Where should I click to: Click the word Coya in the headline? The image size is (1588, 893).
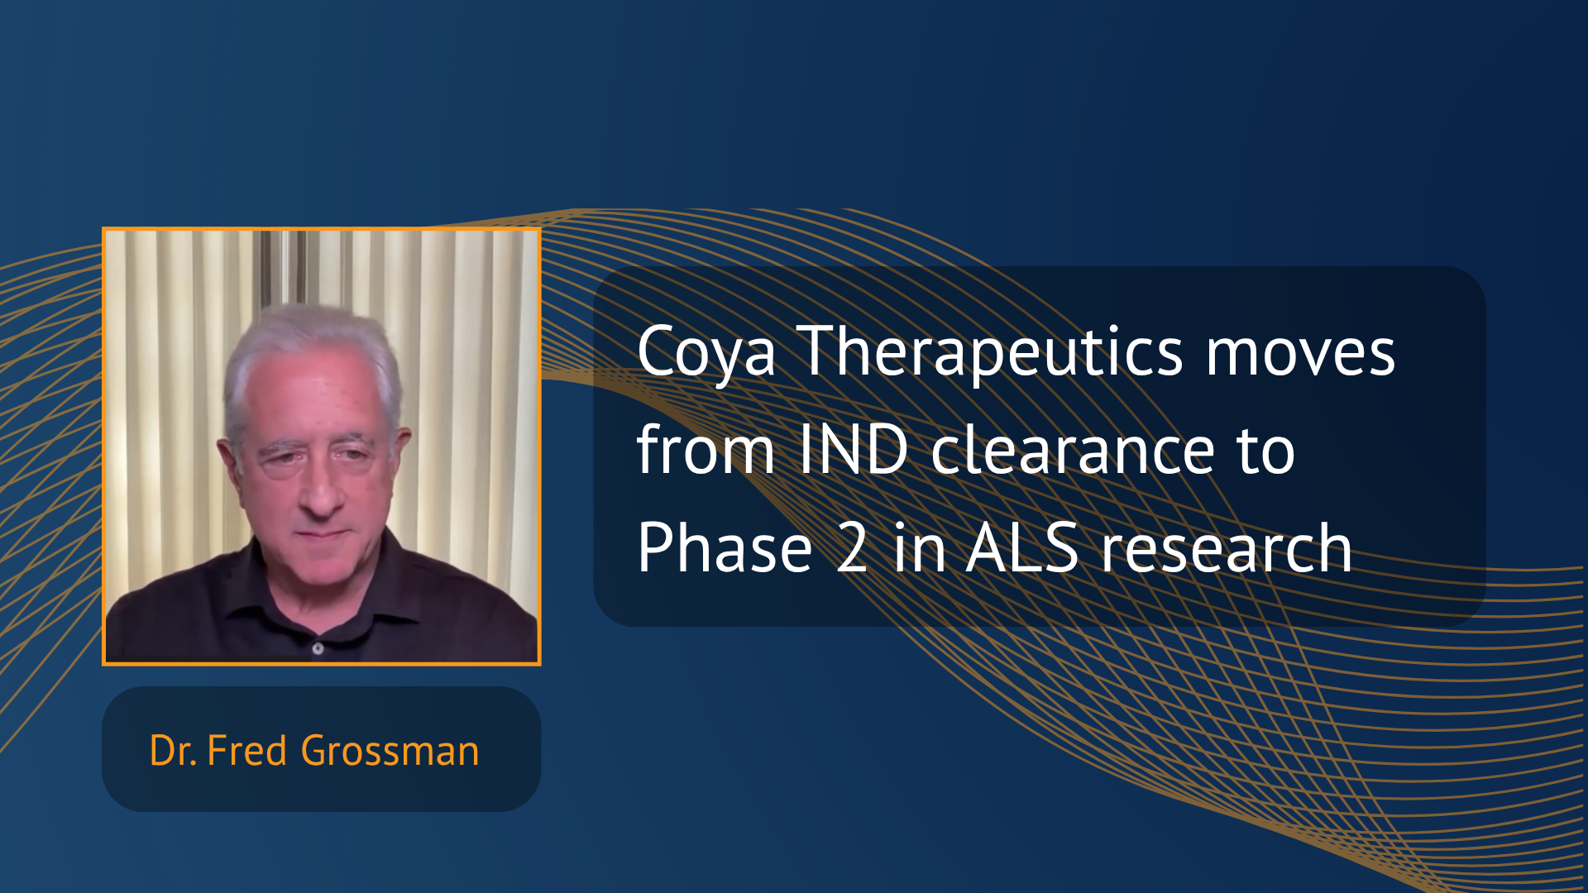pos(706,354)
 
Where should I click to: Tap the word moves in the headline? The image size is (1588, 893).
pos(1301,354)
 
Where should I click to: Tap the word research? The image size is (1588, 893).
pos(1227,549)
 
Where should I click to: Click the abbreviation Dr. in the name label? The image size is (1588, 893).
pos(173,751)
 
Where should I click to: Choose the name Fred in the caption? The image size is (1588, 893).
pos(246,751)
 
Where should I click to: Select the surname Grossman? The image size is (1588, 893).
pos(390,751)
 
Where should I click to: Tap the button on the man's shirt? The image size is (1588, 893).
pos(318,648)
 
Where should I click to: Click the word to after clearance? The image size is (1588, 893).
pos(1266,451)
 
